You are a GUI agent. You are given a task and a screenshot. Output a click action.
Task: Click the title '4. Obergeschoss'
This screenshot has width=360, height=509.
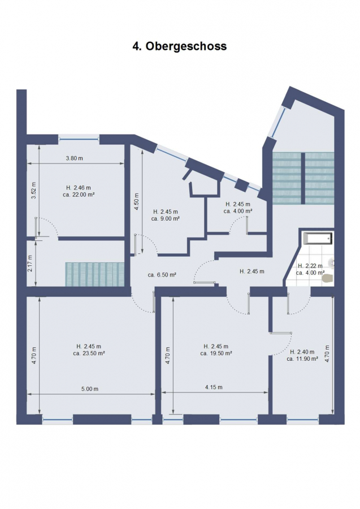[179, 46]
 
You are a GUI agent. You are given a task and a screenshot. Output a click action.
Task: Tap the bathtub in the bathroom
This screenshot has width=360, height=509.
[318, 239]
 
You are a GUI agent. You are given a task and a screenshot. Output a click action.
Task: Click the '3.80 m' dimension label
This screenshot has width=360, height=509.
[74, 158]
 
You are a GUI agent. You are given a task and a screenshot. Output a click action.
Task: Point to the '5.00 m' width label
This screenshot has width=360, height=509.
[89, 389]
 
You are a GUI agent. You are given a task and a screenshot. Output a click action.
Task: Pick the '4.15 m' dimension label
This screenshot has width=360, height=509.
[214, 387]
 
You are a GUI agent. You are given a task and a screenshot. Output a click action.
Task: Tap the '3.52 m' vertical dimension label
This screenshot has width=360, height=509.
[33, 190]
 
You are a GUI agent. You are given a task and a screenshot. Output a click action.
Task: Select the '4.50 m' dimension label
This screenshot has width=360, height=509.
[137, 201]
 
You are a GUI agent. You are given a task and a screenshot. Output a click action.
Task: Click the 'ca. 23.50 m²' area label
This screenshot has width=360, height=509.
[89, 353]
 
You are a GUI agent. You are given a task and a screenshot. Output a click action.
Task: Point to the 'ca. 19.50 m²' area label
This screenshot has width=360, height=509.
[216, 353]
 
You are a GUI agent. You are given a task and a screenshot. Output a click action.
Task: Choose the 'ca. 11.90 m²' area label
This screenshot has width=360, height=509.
[302, 359]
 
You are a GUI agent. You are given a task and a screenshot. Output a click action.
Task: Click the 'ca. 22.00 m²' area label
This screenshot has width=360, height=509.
[79, 195]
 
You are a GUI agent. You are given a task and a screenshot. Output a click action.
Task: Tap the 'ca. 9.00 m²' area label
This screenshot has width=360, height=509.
[166, 218]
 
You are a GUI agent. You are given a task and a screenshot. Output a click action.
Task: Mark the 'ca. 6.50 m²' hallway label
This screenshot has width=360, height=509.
[162, 275]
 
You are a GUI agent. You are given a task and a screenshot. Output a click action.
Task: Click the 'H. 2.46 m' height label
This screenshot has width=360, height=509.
[79, 188]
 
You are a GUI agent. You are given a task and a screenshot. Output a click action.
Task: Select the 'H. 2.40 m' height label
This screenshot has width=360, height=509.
[302, 352]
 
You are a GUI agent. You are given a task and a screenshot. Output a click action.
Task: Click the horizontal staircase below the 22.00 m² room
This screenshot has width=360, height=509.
[95, 274]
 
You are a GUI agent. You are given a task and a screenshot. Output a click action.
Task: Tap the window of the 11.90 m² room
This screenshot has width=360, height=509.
[302, 420]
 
